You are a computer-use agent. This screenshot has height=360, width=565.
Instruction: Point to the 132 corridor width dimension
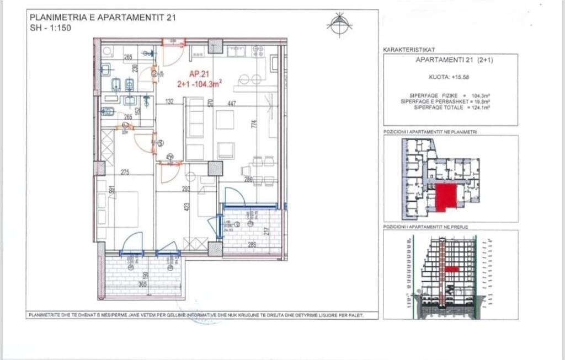[x=169, y=101]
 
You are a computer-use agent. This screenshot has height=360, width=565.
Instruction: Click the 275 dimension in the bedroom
[x=125, y=173]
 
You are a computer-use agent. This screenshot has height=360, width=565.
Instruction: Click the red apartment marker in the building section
[x=452, y=269]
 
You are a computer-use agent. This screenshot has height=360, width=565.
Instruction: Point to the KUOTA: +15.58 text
[x=450, y=78]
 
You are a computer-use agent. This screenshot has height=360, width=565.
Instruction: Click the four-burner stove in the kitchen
[x=258, y=51]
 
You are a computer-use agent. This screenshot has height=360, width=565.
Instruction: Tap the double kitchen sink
[x=237, y=51]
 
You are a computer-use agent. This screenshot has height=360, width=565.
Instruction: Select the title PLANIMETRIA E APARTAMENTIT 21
[x=103, y=18]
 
